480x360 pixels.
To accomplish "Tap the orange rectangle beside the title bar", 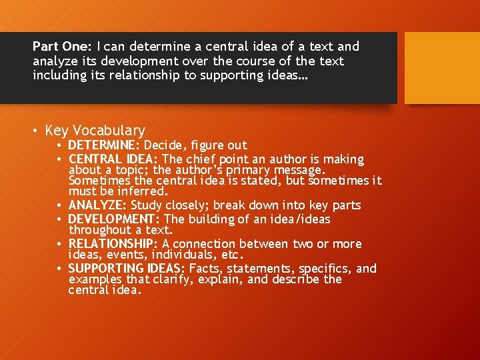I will pos(442,68).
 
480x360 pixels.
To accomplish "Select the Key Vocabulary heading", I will pos(95,130).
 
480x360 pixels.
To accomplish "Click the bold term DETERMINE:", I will pos(104,145).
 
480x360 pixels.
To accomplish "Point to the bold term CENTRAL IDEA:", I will pos(114,159).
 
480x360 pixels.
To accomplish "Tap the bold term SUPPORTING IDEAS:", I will pos(127,269).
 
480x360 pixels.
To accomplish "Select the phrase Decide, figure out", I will pos(195,145).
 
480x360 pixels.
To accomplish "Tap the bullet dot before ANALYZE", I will pos(59,205).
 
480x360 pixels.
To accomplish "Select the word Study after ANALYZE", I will pos(145,205).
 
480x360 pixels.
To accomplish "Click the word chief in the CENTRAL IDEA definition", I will pos(205,159).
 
